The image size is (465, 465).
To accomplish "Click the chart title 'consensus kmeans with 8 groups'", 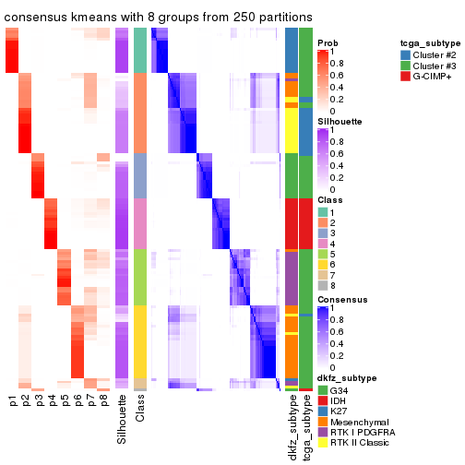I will tap(158, 17).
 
